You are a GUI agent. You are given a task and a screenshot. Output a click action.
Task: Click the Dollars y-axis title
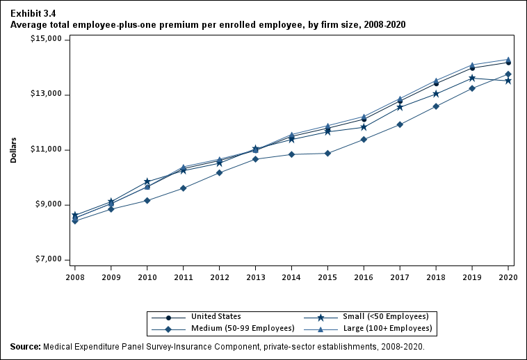pyautogui.click(x=13, y=149)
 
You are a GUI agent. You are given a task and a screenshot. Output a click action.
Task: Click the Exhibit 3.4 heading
pyautogui.click(x=33, y=13)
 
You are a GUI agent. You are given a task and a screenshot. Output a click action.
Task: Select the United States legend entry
pyautogui.click(x=216, y=317)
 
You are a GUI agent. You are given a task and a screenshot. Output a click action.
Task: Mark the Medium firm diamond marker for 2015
pyautogui.click(x=327, y=153)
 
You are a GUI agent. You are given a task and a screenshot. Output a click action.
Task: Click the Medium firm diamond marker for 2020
pyautogui.click(x=508, y=74)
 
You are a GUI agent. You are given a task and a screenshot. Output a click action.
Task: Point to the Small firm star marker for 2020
pyautogui.click(x=508, y=81)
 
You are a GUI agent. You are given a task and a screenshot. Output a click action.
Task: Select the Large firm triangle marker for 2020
pyautogui.click(x=508, y=60)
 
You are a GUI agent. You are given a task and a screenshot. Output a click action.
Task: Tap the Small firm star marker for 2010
pyautogui.click(x=147, y=181)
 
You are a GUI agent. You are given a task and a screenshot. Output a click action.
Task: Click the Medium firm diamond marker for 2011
pyautogui.click(x=183, y=188)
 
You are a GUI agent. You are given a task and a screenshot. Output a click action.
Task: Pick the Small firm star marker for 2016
pyautogui.click(x=364, y=127)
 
